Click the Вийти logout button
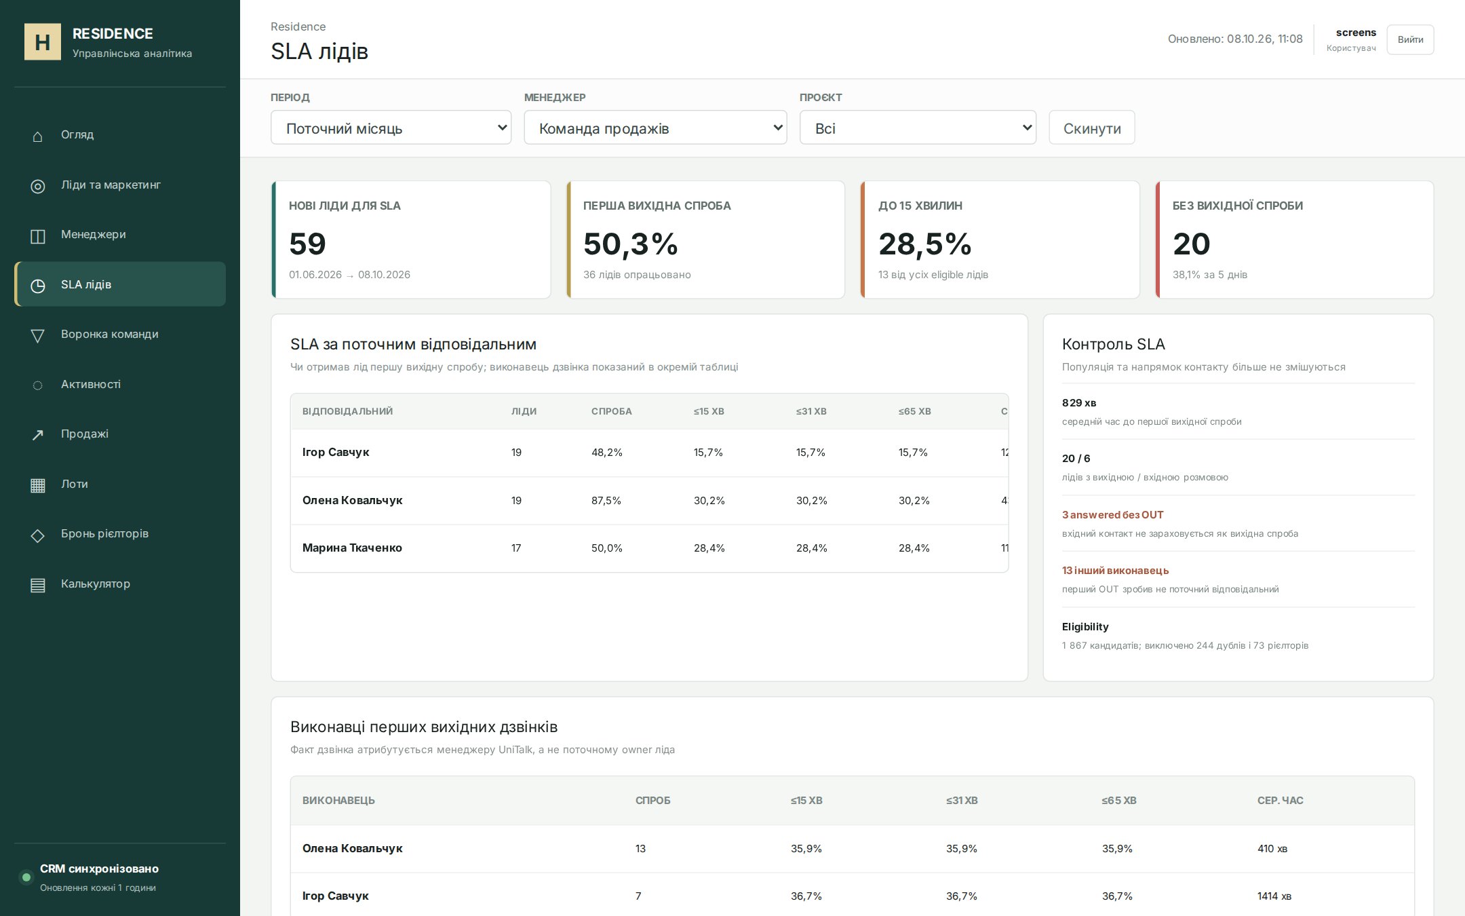click(1410, 39)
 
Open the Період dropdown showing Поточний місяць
click(391, 128)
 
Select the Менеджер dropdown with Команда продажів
click(655, 128)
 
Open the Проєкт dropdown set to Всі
click(918, 128)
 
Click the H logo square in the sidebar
click(43, 42)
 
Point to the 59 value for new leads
click(307, 244)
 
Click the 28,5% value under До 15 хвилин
click(924, 244)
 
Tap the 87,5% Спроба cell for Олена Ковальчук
click(606, 501)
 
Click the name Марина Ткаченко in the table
click(352, 548)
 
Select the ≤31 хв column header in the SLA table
click(811, 411)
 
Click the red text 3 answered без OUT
click(1112, 515)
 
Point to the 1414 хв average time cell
click(1274, 896)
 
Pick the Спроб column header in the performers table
click(652, 801)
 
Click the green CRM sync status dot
click(26, 877)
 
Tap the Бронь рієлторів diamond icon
click(38, 535)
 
